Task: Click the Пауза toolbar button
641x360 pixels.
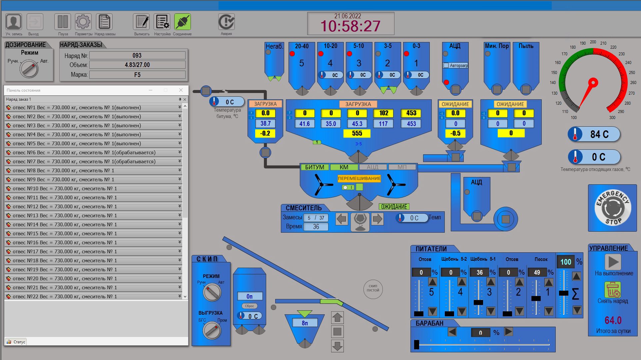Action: pos(63,22)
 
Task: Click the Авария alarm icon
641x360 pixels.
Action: pos(226,22)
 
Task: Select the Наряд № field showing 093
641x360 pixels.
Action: pos(137,56)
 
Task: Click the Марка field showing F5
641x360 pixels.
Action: pos(137,75)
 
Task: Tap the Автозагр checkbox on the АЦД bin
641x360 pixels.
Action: pos(446,65)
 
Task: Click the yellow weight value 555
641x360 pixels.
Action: pos(357,133)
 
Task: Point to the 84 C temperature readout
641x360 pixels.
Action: pos(594,134)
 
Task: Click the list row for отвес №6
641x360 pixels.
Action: pos(93,153)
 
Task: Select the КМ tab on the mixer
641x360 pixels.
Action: pos(344,167)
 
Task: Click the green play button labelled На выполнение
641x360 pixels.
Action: pos(613,262)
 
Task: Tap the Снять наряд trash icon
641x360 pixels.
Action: pos(612,289)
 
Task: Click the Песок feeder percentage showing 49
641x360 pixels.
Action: pos(537,272)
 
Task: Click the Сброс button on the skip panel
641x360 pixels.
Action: pos(249,306)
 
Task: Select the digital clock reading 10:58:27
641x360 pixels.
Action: pos(350,26)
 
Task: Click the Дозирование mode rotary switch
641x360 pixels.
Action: pos(29,69)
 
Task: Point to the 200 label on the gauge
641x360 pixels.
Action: pos(593,42)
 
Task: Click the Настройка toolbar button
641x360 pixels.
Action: pos(162,22)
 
